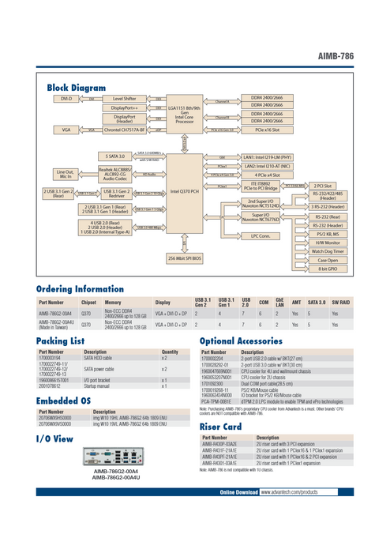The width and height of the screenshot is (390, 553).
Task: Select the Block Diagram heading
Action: tap(77, 87)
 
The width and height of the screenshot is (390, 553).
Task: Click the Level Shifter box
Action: tap(125, 99)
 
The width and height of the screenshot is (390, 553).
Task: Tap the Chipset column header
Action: tap(88, 303)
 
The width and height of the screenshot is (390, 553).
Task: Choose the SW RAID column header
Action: tap(340, 303)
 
